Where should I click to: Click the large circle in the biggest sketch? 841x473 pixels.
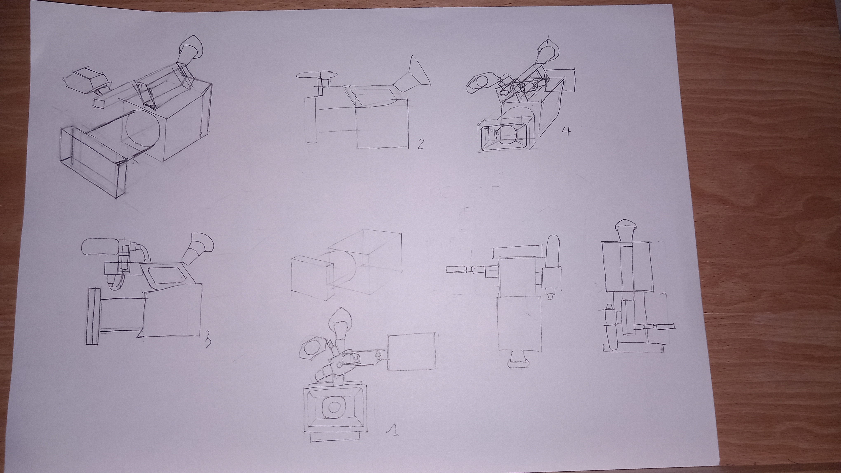coord(143,128)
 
